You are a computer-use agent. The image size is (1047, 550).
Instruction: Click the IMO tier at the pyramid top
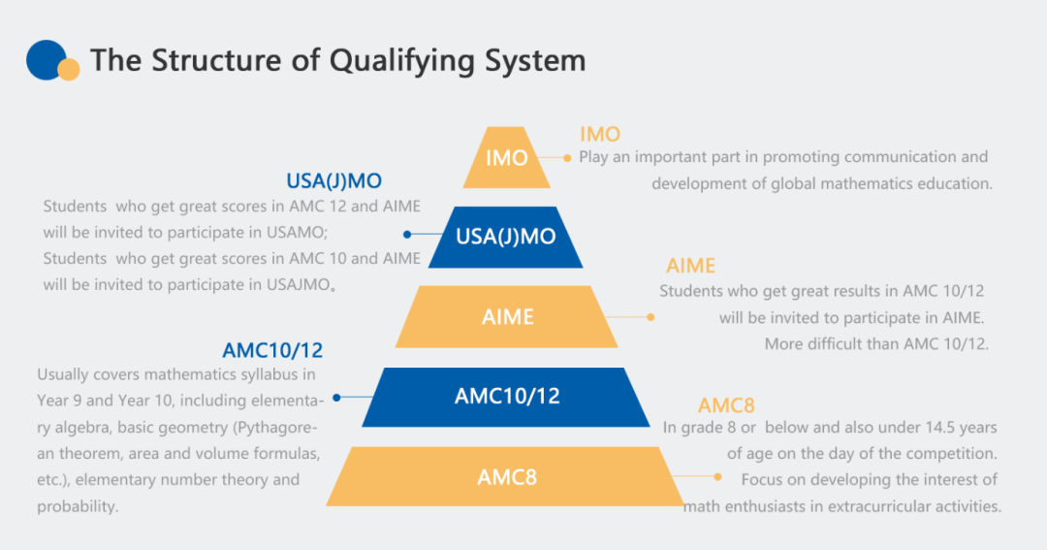click(506, 157)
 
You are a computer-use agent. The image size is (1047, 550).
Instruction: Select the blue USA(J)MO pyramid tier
click(505, 237)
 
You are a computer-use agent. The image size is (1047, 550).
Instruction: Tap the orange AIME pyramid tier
click(507, 316)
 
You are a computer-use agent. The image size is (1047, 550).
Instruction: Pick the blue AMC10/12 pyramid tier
click(506, 396)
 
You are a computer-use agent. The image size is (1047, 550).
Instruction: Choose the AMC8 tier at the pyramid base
click(506, 476)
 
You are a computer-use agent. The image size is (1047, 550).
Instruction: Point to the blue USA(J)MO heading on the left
click(333, 181)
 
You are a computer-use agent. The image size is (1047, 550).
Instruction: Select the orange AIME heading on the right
click(690, 266)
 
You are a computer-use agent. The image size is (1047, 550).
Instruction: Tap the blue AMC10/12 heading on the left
click(272, 350)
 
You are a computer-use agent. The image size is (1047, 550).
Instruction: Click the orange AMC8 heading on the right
click(725, 405)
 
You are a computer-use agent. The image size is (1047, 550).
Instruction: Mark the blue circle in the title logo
click(45, 58)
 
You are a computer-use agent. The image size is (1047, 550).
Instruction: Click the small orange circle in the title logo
click(68, 70)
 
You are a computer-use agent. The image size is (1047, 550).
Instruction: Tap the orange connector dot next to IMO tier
click(568, 157)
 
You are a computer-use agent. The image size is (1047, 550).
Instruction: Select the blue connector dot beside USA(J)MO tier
click(408, 234)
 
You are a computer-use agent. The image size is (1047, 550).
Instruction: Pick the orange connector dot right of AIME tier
click(650, 316)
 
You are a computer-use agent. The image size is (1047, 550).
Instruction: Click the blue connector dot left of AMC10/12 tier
click(336, 397)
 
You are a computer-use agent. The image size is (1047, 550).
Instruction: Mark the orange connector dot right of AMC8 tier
click(717, 476)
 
